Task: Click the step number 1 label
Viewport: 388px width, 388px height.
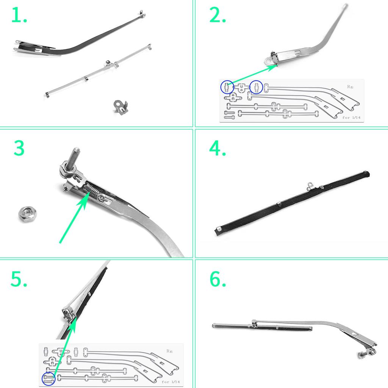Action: click(19, 16)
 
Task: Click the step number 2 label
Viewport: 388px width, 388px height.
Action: click(217, 16)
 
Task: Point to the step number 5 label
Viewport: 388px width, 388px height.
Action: click(19, 280)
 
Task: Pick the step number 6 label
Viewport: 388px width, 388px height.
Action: click(217, 280)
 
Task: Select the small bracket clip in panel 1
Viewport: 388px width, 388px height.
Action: click(121, 106)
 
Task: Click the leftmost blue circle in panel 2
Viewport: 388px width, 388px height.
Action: click(227, 88)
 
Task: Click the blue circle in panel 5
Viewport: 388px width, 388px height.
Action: click(48, 379)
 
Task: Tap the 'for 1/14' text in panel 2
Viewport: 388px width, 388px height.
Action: click(351, 117)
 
